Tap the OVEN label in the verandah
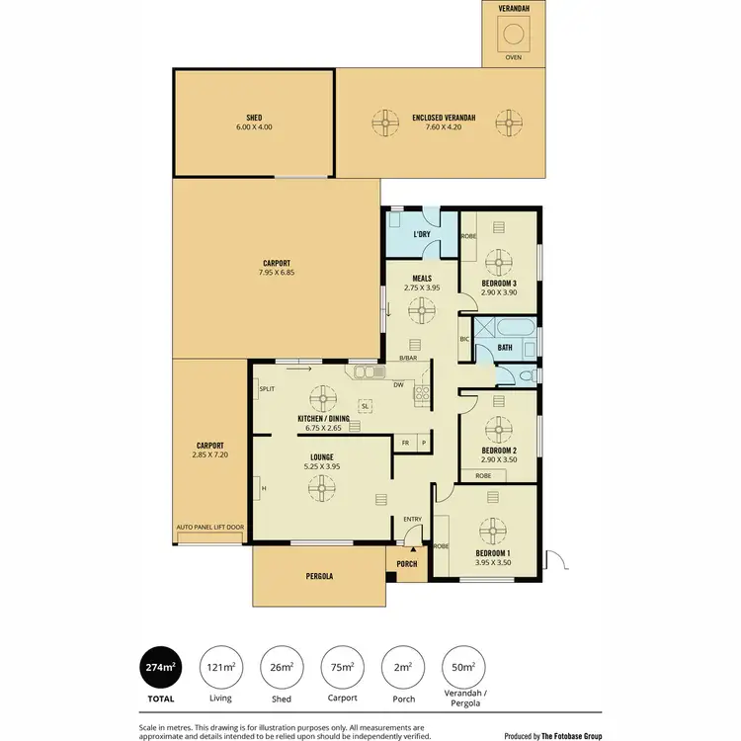[x=513, y=57]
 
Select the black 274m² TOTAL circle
[x=161, y=668]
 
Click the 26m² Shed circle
[x=282, y=668]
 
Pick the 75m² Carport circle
[x=342, y=668]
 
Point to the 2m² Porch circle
[x=402, y=668]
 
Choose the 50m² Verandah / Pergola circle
[x=462, y=668]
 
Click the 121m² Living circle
[x=221, y=668]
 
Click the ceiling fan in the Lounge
[x=320, y=487]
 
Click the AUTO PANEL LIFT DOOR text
[x=209, y=528]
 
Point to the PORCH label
[x=407, y=564]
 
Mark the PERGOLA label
[x=319, y=576]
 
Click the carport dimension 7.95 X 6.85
[x=277, y=271]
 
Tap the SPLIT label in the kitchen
[x=267, y=389]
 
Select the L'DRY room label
[x=422, y=234]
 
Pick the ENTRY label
[x=412, y=519]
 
